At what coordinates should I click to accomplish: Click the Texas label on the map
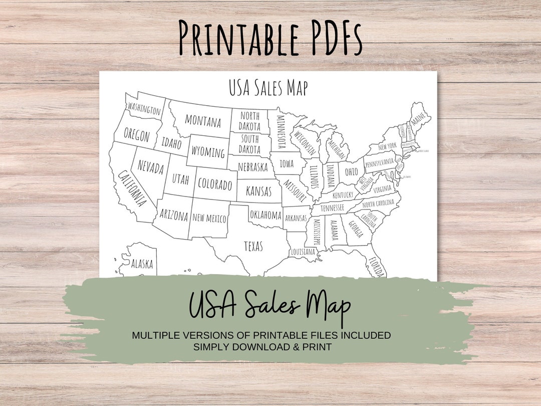pos(253,246)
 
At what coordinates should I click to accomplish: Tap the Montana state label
pos(203,120)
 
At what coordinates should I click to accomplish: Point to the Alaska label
pos(142,264)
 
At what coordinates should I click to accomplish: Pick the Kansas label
pos(258,191)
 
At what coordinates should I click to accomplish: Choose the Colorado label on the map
pos(215,184)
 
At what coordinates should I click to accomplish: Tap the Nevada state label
pos(151,167)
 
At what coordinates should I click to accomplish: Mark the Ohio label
pos(351,171)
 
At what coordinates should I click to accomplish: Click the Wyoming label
pos(208,151)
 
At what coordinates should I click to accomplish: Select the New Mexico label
pos(209,218)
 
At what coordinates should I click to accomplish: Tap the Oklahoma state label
pos(265,215)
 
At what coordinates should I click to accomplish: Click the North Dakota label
pos(249,121)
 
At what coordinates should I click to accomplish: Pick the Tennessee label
pos(332,208)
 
